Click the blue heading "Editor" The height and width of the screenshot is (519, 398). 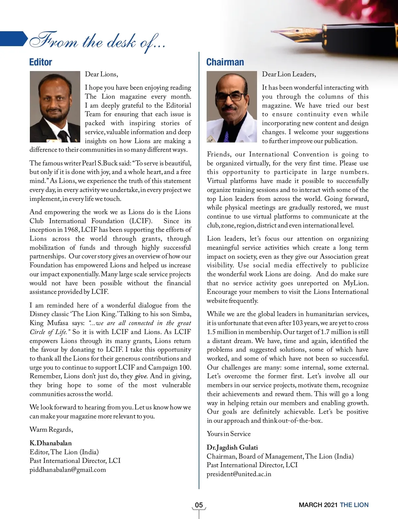[x=40, y=62]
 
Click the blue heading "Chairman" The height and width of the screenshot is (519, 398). [x=225, y=62]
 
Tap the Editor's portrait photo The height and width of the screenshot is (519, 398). [x=55, y=107]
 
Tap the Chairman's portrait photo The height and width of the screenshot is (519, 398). [x=232, y=107]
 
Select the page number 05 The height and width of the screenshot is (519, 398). [x=199, y=505]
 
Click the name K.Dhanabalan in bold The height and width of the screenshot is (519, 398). [x=50, y=443]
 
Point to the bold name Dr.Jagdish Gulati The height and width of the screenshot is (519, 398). [x=232, y=447]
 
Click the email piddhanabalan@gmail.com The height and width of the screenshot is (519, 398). [x=68, y=470]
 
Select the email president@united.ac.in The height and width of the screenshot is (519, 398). [x=239, y=474]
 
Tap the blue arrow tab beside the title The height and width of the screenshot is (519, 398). [x=13, y=39]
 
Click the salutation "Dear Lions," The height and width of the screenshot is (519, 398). [x=101, y=74]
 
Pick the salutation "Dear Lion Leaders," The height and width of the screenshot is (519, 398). [x=289, y=74]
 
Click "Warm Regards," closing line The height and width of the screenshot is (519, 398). [x=51, y=429]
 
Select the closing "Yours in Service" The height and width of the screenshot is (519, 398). [x=229, y=434]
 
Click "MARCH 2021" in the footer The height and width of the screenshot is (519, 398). [x=318, y=505]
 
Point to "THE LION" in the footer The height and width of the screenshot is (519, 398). [x=354, y=505]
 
